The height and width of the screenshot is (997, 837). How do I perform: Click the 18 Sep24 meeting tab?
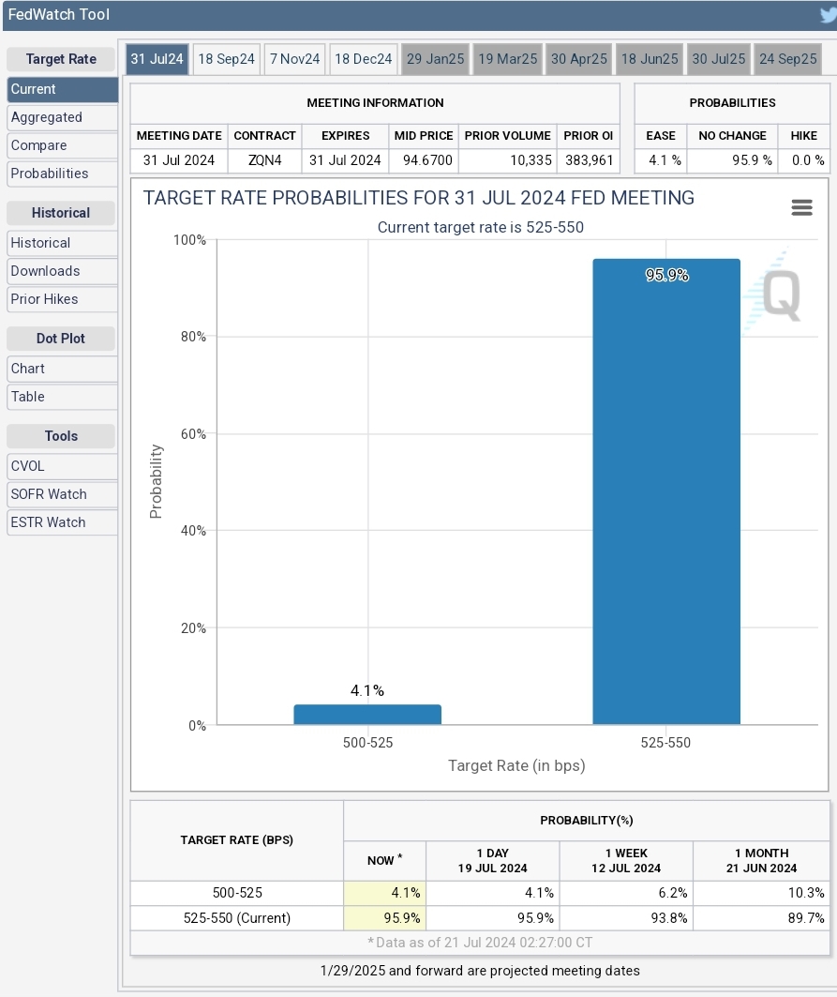pos(227,59)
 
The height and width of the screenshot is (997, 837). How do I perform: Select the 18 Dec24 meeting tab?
pos(363,59)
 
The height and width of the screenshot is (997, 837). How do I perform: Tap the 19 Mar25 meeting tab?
pos(507,59)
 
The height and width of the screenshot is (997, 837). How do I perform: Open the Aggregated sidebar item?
pos(47,117)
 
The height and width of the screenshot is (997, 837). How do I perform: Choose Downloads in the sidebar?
pos(45,271)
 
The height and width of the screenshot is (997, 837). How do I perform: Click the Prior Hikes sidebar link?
pos(44,299)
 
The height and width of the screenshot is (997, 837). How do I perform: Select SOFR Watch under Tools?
pos(49,494)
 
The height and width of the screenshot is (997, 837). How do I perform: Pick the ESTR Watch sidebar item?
pos(48,522)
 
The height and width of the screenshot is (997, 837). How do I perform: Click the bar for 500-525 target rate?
pos(367,715)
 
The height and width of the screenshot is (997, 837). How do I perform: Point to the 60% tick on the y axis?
pos(193,434)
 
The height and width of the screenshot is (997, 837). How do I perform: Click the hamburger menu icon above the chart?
pos(801,207)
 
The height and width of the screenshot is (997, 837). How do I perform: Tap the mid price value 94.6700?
pos(427,160)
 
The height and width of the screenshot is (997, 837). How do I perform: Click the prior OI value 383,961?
pos(589,160)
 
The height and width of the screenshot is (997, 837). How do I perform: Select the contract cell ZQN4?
pos(264,160)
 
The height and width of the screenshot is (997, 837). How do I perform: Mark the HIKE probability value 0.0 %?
pos(805,160)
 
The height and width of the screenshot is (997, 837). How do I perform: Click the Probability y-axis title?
pos(157,481)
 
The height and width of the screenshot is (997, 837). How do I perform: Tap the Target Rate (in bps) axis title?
pos(516,765)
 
